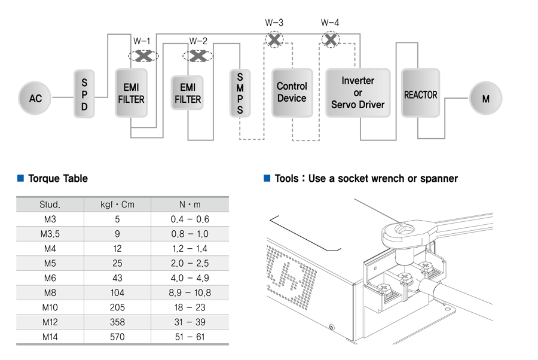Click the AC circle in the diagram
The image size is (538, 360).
click(35, 98)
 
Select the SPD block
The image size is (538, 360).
click(84, 94)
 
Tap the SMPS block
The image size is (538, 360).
click(240, 93)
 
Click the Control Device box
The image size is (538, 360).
click(292, 93)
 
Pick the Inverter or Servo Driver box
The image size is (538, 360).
click(358, 93)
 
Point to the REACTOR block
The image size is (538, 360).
click(420, 93)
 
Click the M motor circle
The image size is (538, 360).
click(485, 98)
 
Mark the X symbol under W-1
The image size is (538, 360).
click(143, 56)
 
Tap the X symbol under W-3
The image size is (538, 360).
click(274, 39)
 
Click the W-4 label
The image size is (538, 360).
click(330, 23)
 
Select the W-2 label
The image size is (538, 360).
click(198, 41)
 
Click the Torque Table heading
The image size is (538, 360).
click(58, 178)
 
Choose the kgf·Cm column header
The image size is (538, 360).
click(117, 205)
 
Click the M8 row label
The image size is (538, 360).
click(50, 293)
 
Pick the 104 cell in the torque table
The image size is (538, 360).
click(117, 293)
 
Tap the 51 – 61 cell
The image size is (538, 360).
click(189, 337)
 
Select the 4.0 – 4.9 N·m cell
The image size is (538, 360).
click(189, 278)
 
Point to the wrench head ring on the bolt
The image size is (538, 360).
click(405, 233)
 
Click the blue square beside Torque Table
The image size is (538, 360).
click(20, 178)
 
